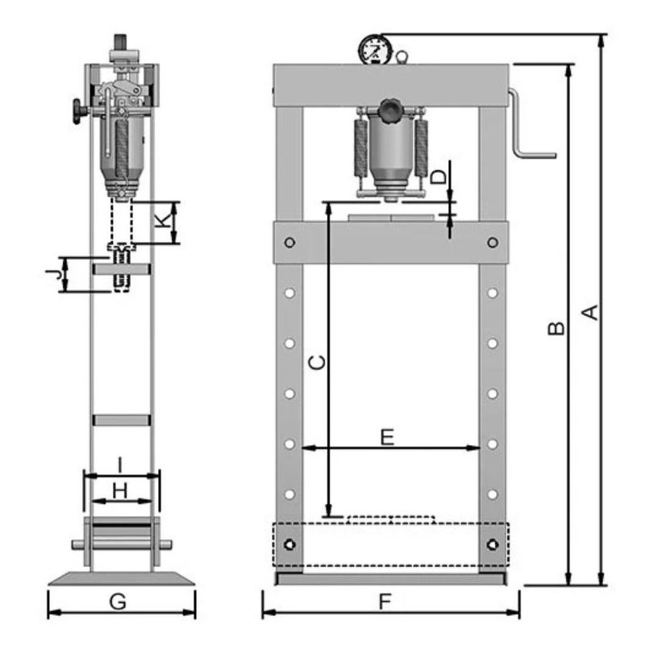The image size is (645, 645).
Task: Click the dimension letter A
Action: tap(591, 313)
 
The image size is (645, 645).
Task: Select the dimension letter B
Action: tap(557, 328)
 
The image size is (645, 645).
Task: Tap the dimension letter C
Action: tap(317, 362)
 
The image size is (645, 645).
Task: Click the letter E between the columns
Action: tap(388, 437)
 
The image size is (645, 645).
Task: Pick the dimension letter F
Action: tap(385, 601)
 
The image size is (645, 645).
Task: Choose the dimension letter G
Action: tap(118, 601)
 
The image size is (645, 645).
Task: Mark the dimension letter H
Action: tap(120, 491)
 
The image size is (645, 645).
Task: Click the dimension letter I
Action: tap(119, 465)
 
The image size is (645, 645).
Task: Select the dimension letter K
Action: tap(164, 221)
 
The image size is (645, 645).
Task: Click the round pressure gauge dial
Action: tap(375, 50)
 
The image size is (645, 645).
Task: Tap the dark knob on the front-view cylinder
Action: tap(391, 110)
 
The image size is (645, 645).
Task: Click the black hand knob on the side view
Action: tap(78, 111)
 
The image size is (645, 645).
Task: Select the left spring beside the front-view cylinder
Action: tap(361, 148)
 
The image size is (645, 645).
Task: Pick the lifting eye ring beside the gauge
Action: tap(402, 56)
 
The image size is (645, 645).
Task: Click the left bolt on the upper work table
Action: tap(289, 243)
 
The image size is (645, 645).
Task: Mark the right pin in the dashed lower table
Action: tap(493, 545)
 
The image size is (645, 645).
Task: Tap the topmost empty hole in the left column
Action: tap(289, 293)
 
